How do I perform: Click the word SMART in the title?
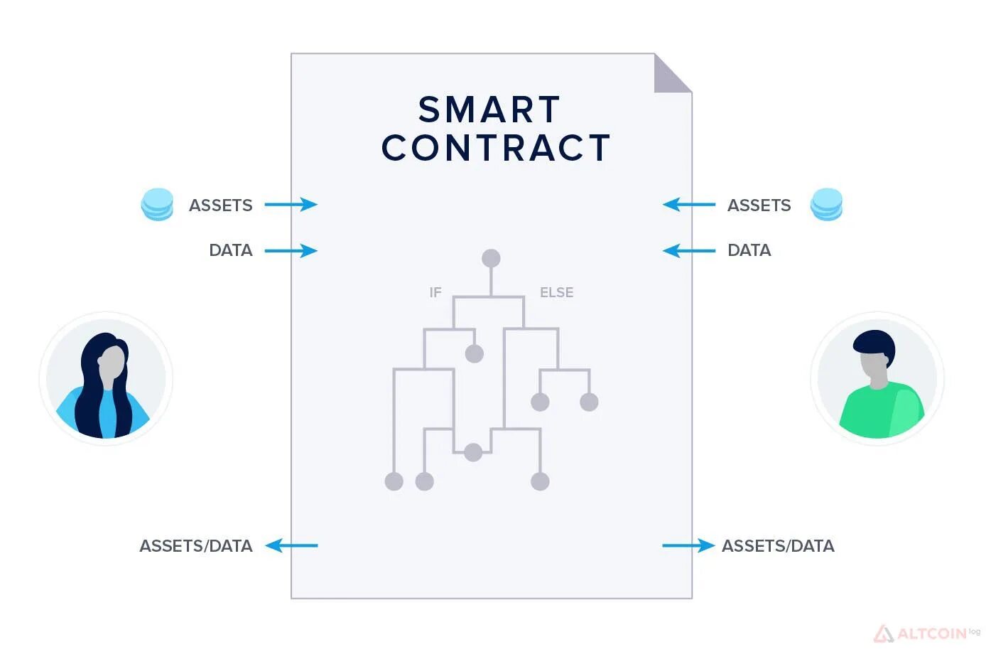[489, 110]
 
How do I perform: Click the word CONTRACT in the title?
[496, 148]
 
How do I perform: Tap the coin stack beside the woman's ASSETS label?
[157, 204]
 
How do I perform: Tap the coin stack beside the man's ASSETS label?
[827, 204]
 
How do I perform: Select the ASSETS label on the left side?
[221, 205]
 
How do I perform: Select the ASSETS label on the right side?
[759, 205]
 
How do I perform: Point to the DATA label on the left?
[231, 250]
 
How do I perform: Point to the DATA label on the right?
[749, 250]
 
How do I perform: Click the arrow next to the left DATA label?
[291, 250]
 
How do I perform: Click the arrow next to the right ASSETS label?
[689, 205]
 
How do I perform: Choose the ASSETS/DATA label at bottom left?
[196, 546]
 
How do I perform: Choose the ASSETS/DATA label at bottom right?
[778, 546]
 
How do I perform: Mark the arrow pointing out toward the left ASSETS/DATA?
[292, 546]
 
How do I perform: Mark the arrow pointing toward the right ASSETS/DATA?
[688, 546]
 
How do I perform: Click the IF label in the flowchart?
[435, 292]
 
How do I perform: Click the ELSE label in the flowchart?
[556, 292]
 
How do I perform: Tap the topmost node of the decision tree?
[491, 258]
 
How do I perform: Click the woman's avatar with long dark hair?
[106, 379]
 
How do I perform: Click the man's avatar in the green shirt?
[877, 379]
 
